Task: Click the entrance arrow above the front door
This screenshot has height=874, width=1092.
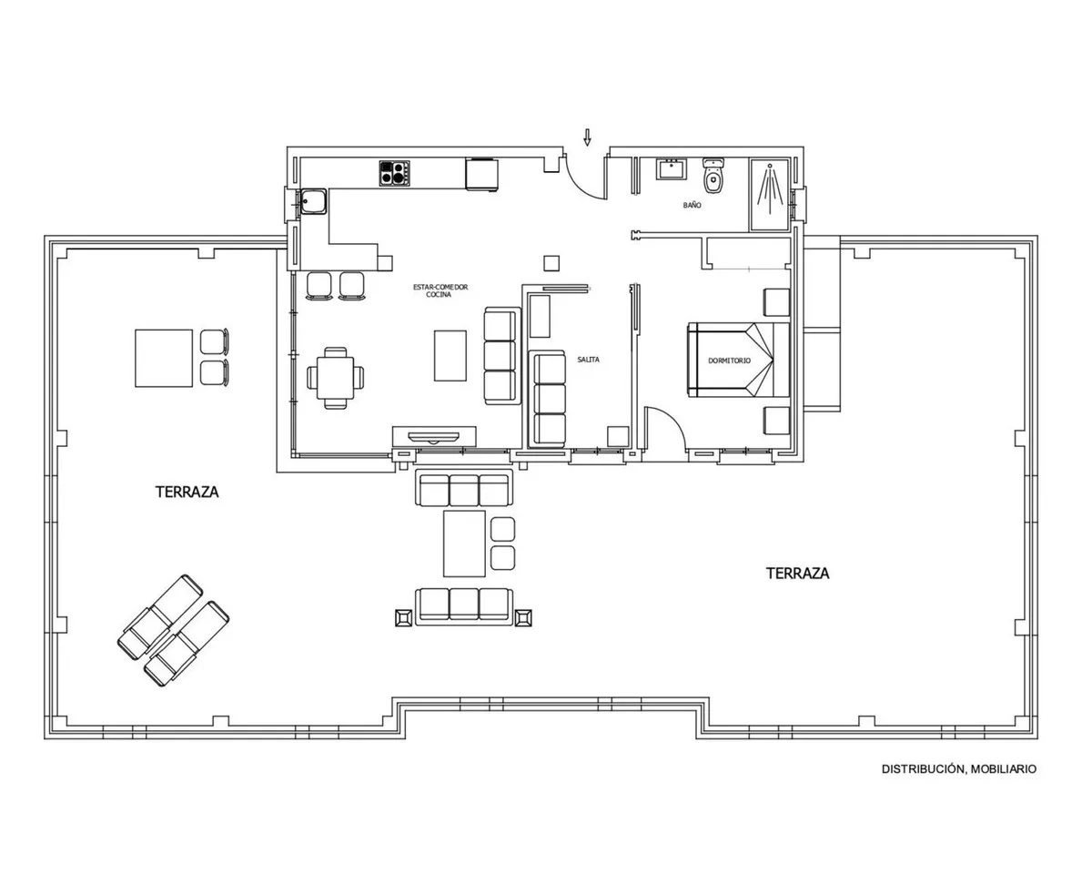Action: (587, 137)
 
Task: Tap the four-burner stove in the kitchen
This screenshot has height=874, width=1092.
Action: (394, 174)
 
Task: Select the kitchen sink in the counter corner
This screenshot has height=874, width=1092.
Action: (313, 201)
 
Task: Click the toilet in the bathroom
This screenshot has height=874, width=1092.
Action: (713, 175)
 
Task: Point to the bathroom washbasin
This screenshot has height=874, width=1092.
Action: (672, 169)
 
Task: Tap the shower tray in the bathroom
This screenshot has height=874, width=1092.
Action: (770, 194)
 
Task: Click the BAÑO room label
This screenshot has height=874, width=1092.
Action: (693, 205)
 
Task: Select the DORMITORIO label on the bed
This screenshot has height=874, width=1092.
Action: (729, 361)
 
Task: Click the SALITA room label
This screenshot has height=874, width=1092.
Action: (588, 360)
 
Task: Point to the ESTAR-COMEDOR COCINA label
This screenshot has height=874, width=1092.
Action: (440, 290)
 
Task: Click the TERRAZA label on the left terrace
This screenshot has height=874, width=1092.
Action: (187, 492)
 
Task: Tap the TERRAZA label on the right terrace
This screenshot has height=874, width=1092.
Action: (797, 574)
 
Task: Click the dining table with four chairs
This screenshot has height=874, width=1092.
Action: (336, 378)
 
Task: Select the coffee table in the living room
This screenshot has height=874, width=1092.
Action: (450, 355)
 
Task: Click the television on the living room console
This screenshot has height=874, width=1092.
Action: (433, 437)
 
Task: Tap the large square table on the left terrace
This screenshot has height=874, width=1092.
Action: (164, 358)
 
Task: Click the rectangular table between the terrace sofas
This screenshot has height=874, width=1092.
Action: (464, 544)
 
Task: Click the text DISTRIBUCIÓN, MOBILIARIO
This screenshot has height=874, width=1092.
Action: (958, 769)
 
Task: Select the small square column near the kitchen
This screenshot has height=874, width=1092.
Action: (551, 263)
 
